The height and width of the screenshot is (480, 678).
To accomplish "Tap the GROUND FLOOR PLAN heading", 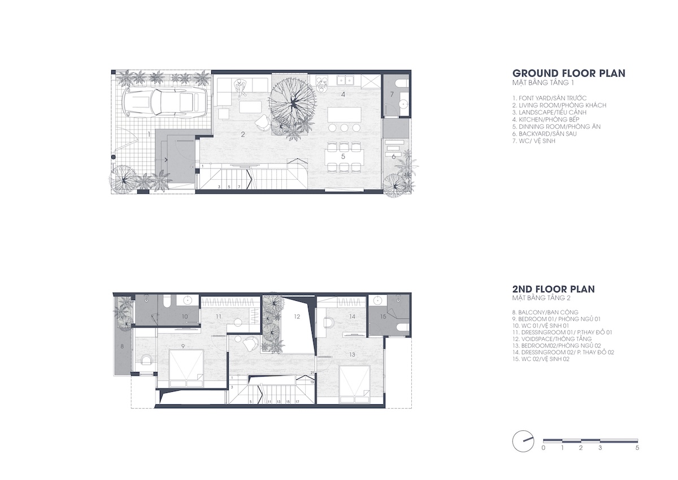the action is click(x=569, y=73).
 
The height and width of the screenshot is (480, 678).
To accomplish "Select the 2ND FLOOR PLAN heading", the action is click(x=554, y=289).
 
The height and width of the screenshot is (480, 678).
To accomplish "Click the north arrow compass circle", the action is click(x=523, y=441).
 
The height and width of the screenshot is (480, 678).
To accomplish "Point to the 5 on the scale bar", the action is click(x=637, y=448).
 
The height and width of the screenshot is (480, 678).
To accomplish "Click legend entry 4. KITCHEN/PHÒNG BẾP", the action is click(x=546, y=120).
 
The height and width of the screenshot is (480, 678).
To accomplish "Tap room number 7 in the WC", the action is click(x=392, y=94).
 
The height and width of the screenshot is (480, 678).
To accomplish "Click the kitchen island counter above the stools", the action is click(x=345, y=114).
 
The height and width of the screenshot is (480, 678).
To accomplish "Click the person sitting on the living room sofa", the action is click(x=240, y=89).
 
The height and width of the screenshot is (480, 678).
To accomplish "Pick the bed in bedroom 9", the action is click(x=186, y=369).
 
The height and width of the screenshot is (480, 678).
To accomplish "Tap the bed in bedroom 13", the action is click(x=355, y=384).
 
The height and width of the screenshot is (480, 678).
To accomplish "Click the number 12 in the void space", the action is click(x=297, y=317).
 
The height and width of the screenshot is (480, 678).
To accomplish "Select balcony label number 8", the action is click(x=122, y=347).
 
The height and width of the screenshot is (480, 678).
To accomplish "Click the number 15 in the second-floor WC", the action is click(x=383, y=317).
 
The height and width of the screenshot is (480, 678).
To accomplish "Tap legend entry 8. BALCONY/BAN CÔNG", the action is click(x=545, y=312).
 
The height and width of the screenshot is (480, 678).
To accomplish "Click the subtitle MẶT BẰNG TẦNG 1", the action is click(x=543, y=83).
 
